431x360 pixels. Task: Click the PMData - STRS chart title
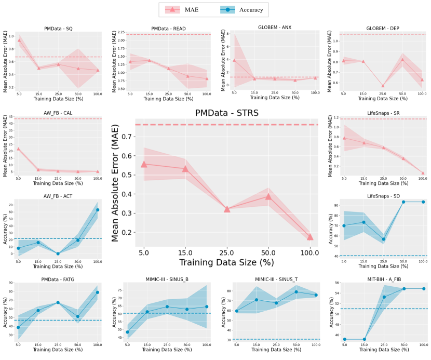point(226,113)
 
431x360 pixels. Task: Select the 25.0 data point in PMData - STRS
point(226,209)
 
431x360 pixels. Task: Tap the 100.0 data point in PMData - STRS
point(310,237)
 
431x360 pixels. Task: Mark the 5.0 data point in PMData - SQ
point(19,40)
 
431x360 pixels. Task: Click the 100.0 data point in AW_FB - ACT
point(97,210)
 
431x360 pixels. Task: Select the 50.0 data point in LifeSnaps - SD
point(403,202)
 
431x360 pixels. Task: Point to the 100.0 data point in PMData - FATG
point(97,292)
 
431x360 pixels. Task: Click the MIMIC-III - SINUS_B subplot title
point(167,279)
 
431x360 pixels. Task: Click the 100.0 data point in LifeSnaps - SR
point(423,173)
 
